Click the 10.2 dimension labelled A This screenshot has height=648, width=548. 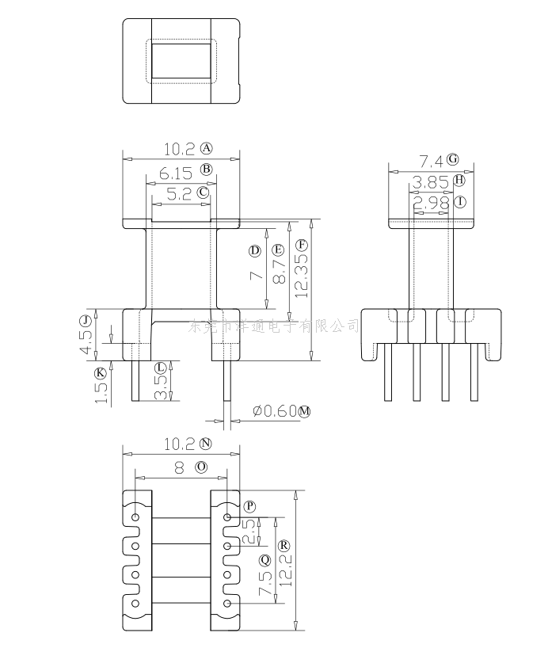pyautogui.click(x=178, y=148)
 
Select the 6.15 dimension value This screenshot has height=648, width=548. pyautogui.click(x=173, y=171)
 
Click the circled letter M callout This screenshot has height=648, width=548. pyautogui.click(x=305, y=411)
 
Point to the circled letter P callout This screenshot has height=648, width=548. pyautogui.click(x=250, y=505)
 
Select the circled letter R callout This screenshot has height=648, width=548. pyautogui.click(x=284, y=545)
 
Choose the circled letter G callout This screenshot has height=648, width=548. pyautogui.click(x=453, y=159)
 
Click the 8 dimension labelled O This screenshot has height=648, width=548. pyautogui.click(x=179, y=468)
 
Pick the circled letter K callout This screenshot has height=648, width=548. pyautogui.click(x=100, y=372)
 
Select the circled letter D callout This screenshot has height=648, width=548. pyautogui.click(x=254, y=250)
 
